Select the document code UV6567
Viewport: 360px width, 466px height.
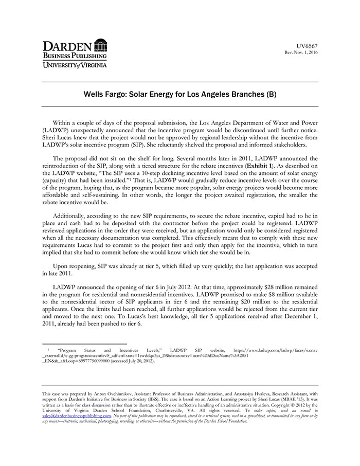(308, 46)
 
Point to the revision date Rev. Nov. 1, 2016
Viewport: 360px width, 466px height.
(301, 52)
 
